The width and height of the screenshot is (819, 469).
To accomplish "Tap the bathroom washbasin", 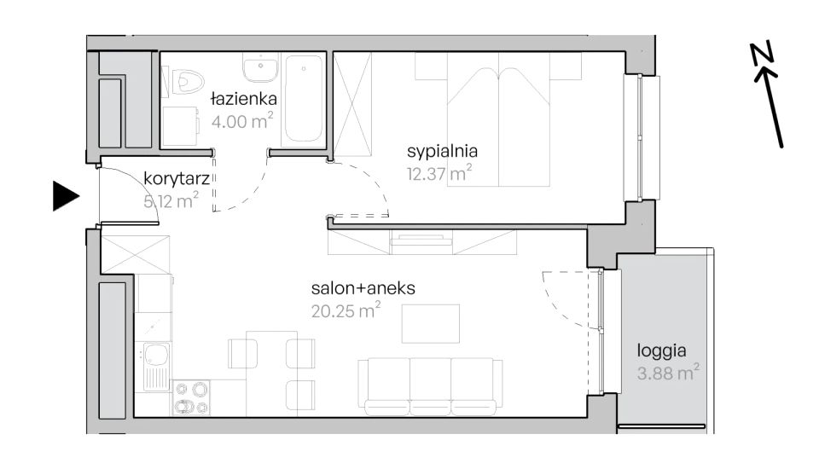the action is (260, 67).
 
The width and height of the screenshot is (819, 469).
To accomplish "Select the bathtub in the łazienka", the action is (303, 99).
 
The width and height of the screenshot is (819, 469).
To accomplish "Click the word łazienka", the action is (244, 98).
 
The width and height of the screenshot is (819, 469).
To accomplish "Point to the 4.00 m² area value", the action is (241, 120).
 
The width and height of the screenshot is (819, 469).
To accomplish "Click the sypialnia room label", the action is (442, 152).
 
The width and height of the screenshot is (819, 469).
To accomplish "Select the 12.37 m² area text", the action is (439, 172).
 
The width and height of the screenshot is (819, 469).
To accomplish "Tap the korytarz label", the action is (177, 179).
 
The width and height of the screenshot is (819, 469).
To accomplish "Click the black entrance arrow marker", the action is (66, 196).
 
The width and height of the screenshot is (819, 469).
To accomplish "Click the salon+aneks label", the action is (363, 287).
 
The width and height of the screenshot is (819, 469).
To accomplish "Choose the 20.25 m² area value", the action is (346, 310).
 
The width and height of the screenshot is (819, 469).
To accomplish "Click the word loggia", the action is (661, 351).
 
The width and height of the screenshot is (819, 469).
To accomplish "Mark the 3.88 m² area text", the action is (668, 373).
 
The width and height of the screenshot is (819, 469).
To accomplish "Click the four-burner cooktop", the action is (190, 397).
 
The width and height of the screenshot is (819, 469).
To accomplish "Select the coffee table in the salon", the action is (430, 324).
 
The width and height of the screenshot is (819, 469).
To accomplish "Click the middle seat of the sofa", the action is (430, 386).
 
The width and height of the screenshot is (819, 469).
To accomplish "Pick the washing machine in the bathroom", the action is (180, 126).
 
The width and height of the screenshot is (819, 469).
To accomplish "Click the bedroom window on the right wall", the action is (642, 138).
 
